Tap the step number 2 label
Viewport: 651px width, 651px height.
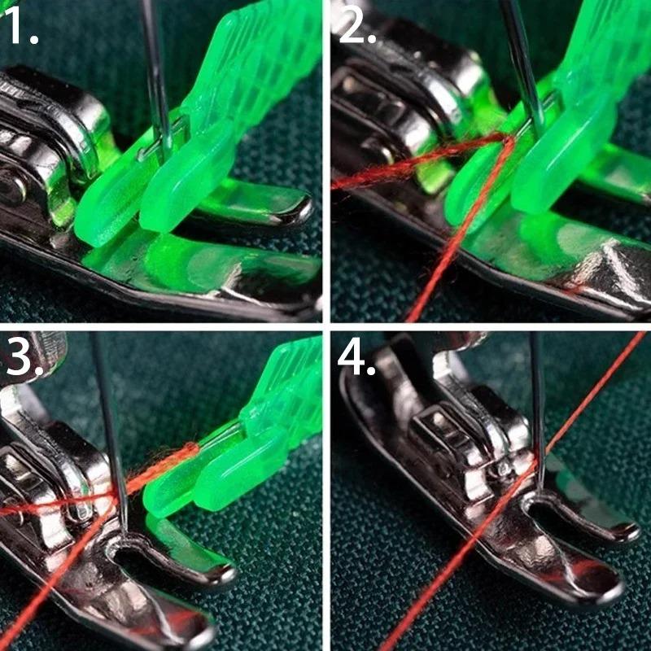[x=356, y=28]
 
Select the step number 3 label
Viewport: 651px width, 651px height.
[x=23, y=360]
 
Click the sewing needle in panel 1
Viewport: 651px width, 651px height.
[x=155, y=73]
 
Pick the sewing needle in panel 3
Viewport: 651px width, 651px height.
[x=110, y=431]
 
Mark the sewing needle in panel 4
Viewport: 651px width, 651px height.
[x=538, y=407]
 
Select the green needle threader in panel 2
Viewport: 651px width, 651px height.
[x=553, y=155]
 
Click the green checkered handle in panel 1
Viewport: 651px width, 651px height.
[x=260, y=65]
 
